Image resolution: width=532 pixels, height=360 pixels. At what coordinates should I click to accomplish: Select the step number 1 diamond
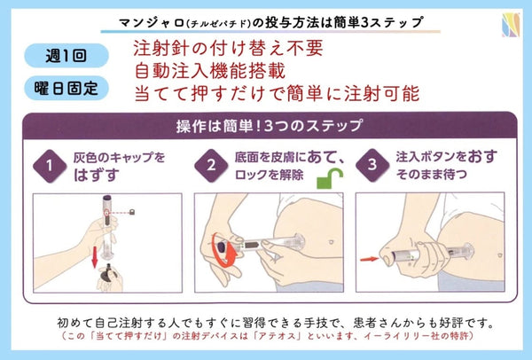pyautogui.click(x=49, y=165)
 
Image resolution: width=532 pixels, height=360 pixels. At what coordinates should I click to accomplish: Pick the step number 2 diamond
pyautogui.click(x=212, y=165)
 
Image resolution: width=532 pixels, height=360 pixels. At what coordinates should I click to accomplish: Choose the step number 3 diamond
pyautogui.click(x=373, y=165)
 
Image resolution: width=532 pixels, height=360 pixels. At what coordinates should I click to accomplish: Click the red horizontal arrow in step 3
pyautogui.click(x=370, y=260)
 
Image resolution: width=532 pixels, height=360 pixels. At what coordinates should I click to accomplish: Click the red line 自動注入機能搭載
pyautogui.click(x=206, y=68)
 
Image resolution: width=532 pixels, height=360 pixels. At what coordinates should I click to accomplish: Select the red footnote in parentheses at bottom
pyautogui.click(x=266, y=338)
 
